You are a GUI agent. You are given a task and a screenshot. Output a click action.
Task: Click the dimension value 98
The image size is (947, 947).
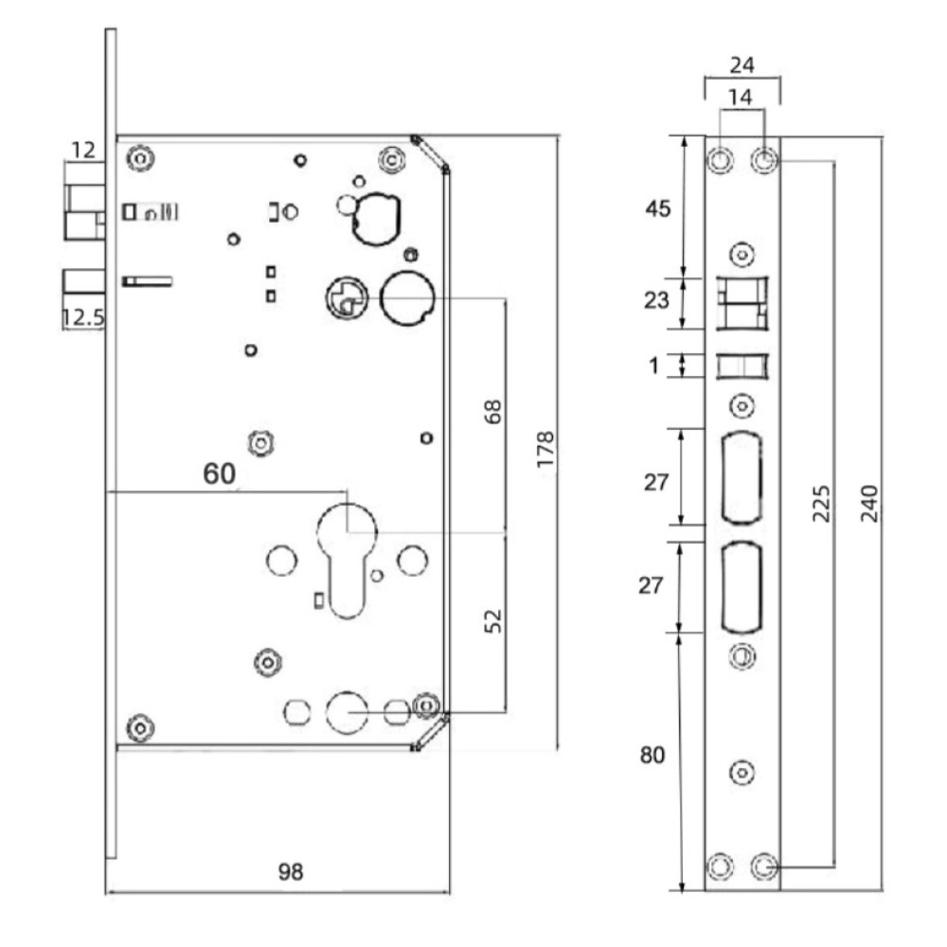pos(291,871)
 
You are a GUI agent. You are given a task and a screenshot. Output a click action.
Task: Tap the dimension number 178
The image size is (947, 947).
pos(545,449)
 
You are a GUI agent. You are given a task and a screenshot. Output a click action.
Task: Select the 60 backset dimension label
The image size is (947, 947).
pos(220,473)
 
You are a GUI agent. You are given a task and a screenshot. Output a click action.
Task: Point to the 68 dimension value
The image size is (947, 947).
pos(493,412)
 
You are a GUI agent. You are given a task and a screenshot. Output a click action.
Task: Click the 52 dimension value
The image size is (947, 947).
pos(493,621)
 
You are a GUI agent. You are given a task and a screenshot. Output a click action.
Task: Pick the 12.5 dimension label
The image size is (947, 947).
pos(83,317)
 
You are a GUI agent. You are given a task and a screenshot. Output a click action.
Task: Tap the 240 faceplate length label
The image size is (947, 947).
pos(869,503)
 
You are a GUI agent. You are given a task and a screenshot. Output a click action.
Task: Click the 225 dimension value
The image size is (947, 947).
pos(821,503)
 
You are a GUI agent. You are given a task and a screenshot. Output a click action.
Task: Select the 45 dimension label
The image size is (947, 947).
pos(658,209)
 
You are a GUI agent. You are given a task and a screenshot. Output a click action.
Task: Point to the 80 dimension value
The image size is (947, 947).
pos(652,755)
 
